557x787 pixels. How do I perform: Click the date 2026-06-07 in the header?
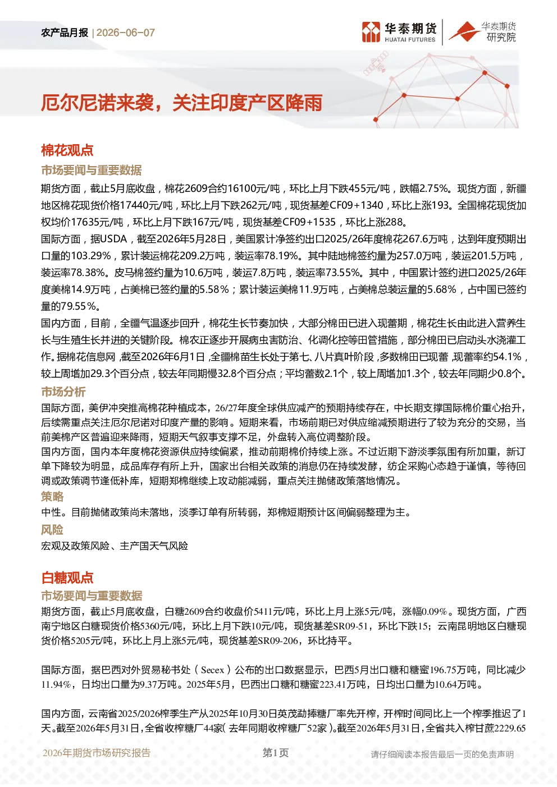coord(126,33)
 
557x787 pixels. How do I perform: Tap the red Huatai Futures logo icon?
coord(371,32)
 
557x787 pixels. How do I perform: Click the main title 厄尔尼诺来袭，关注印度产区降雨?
coord(181,103)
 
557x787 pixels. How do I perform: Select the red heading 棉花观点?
coord(67,150)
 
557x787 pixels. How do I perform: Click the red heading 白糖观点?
coord(67,577)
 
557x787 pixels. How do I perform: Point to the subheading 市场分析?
coord(63,392)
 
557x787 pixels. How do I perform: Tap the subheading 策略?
coord(52,496)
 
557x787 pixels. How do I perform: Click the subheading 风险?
coord(52,529)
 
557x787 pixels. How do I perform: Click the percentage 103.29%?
coord(91,256)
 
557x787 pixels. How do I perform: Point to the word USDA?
coord(113,239)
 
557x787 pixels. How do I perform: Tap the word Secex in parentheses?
coord(212,670)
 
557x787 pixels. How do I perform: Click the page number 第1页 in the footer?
coord(275,752)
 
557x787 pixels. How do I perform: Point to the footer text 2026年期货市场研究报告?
coord(97,752)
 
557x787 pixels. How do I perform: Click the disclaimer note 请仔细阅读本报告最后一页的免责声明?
coord(442,754)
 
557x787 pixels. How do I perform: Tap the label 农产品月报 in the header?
coord(65,33)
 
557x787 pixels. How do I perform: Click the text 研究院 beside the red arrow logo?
coord(501,37)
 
